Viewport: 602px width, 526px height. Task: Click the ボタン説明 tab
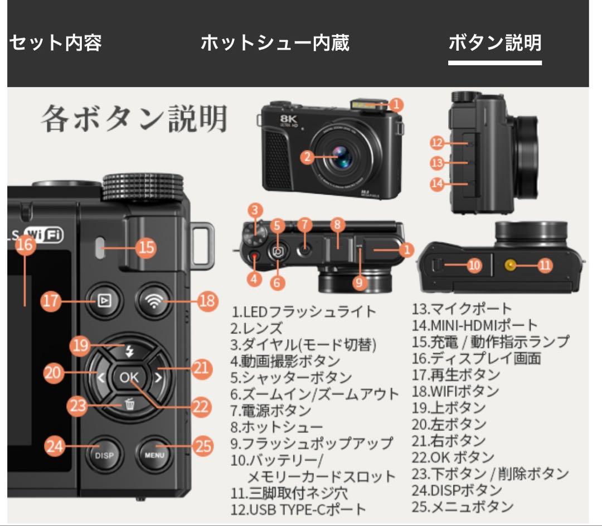point(494,42)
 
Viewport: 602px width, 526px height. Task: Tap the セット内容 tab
point(55,42)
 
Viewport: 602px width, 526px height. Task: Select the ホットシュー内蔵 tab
point(275,42)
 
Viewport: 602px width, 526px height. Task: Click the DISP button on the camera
point(104,455)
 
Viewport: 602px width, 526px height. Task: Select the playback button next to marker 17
point(104,301)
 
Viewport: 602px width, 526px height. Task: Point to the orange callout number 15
point(146,247)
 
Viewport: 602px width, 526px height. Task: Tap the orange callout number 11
point(544,266)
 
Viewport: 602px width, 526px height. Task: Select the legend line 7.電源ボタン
point(270,411)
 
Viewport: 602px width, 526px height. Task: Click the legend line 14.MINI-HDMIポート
point(475,325)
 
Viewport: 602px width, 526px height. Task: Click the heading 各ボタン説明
point(134,119)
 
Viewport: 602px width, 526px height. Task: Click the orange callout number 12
point(438,143)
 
